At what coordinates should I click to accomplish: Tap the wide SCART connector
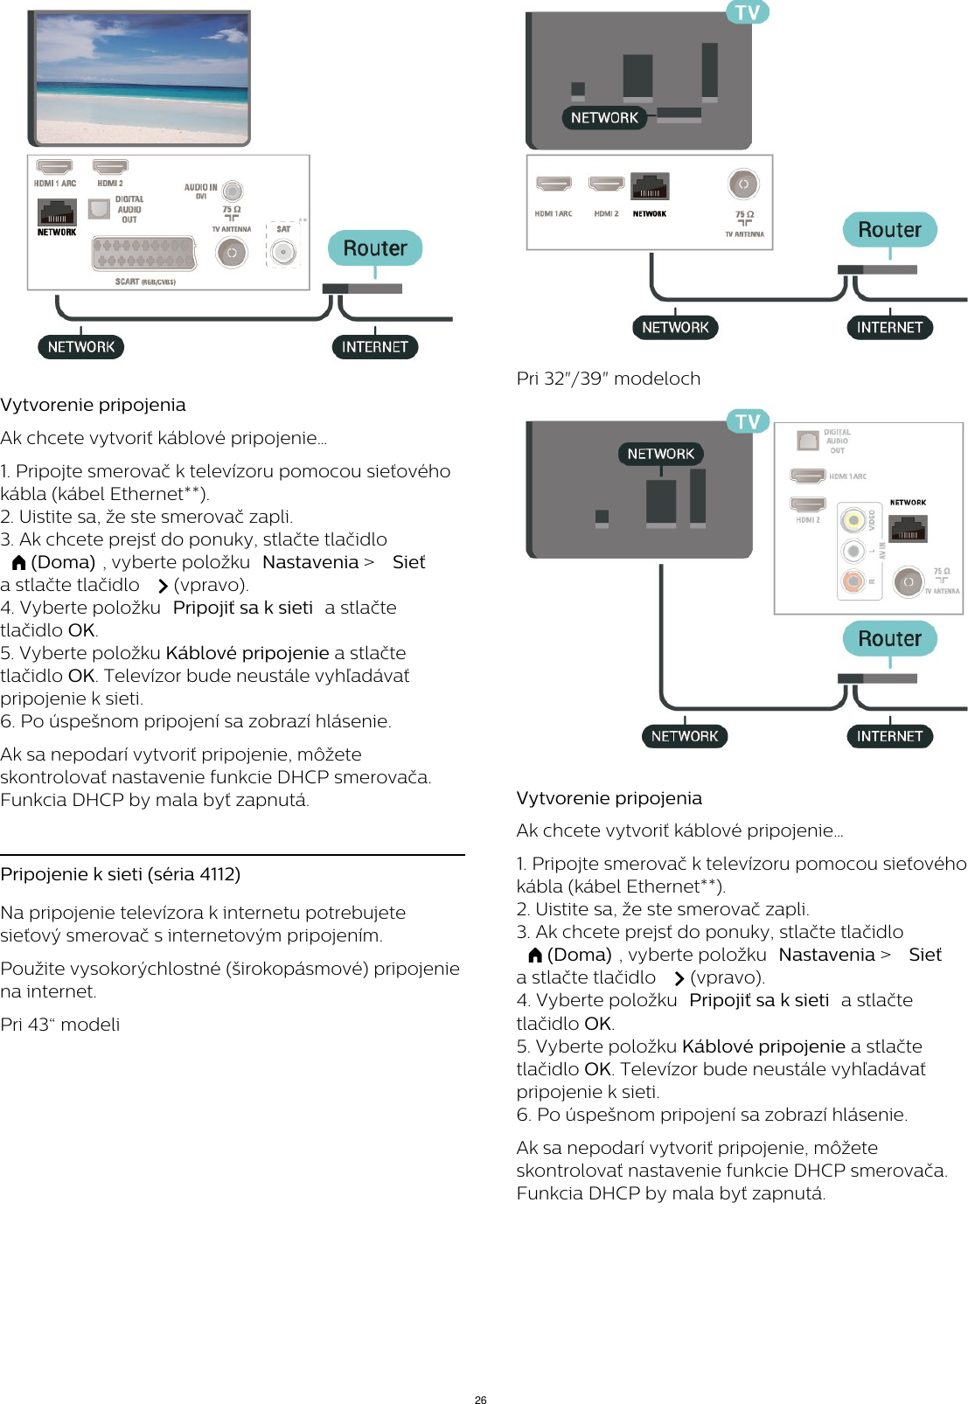coord(144,254)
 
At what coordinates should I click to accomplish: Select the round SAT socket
coord(283,253)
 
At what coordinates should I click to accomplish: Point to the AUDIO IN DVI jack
coord(232,191)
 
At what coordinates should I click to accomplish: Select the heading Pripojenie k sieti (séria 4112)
coord(121,874)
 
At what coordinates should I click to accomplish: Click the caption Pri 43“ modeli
coord(60,1025)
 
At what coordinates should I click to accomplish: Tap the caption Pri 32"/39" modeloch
coord(609,379)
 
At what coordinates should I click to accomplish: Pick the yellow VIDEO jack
coord(853,521)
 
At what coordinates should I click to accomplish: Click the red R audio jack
coord(853,580)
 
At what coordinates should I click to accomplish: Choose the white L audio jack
coord(853,551)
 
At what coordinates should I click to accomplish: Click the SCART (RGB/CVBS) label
coord(145,281)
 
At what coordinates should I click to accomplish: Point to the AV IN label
coord(881,551)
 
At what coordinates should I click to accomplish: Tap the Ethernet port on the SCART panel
coord(57,212)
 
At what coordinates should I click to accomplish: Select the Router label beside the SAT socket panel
coord(374,248)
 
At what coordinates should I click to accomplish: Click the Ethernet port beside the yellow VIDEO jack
coord(908,529)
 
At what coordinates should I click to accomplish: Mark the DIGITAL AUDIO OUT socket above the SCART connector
coord(100,210)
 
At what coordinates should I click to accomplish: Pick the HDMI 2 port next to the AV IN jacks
coord(807,504)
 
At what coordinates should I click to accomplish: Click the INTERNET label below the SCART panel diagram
coord(374,347)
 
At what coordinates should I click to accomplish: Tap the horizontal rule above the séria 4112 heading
coord(233,855)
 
